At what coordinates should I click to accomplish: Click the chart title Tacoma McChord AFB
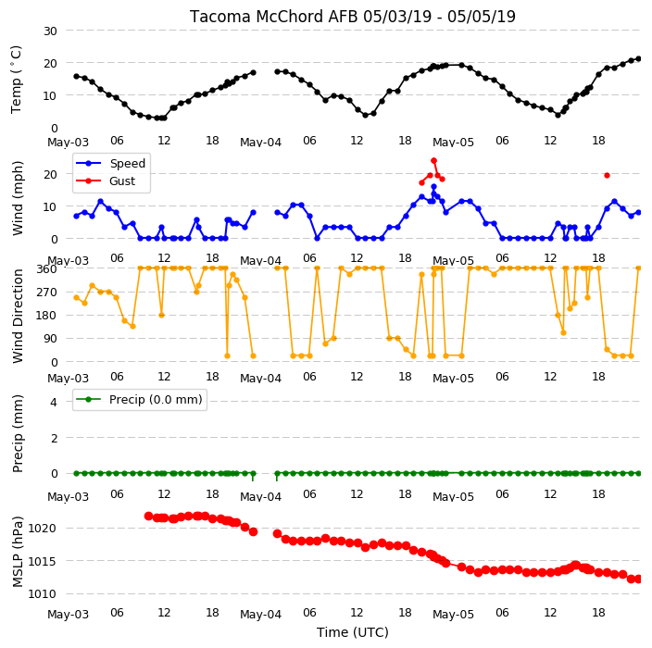(274, 17)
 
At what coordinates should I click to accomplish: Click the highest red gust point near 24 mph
(433, 160)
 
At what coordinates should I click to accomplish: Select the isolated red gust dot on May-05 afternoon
(608, 175)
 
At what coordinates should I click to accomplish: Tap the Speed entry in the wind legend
(110, 163)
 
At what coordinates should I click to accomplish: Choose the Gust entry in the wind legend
(106, 181)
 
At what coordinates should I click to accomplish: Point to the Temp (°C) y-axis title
(17, 80)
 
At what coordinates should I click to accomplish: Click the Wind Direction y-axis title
(18, 316)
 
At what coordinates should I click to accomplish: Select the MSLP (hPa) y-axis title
(18, 552)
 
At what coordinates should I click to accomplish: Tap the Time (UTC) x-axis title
(353, 632)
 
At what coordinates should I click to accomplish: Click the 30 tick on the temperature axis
(50, 31)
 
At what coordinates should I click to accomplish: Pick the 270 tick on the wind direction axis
(47, 293)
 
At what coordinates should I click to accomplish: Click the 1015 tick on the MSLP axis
(42, 562)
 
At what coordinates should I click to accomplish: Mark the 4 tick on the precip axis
(54, 402)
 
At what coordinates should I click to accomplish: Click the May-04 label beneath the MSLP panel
(261, 615)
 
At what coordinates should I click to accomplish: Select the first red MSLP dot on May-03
(148, 517)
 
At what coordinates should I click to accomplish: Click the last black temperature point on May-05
(639, 59)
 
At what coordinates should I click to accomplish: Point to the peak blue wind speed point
(433, 187)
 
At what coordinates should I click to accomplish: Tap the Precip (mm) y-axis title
(18, 433)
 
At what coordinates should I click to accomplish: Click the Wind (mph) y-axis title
(18, 198)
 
